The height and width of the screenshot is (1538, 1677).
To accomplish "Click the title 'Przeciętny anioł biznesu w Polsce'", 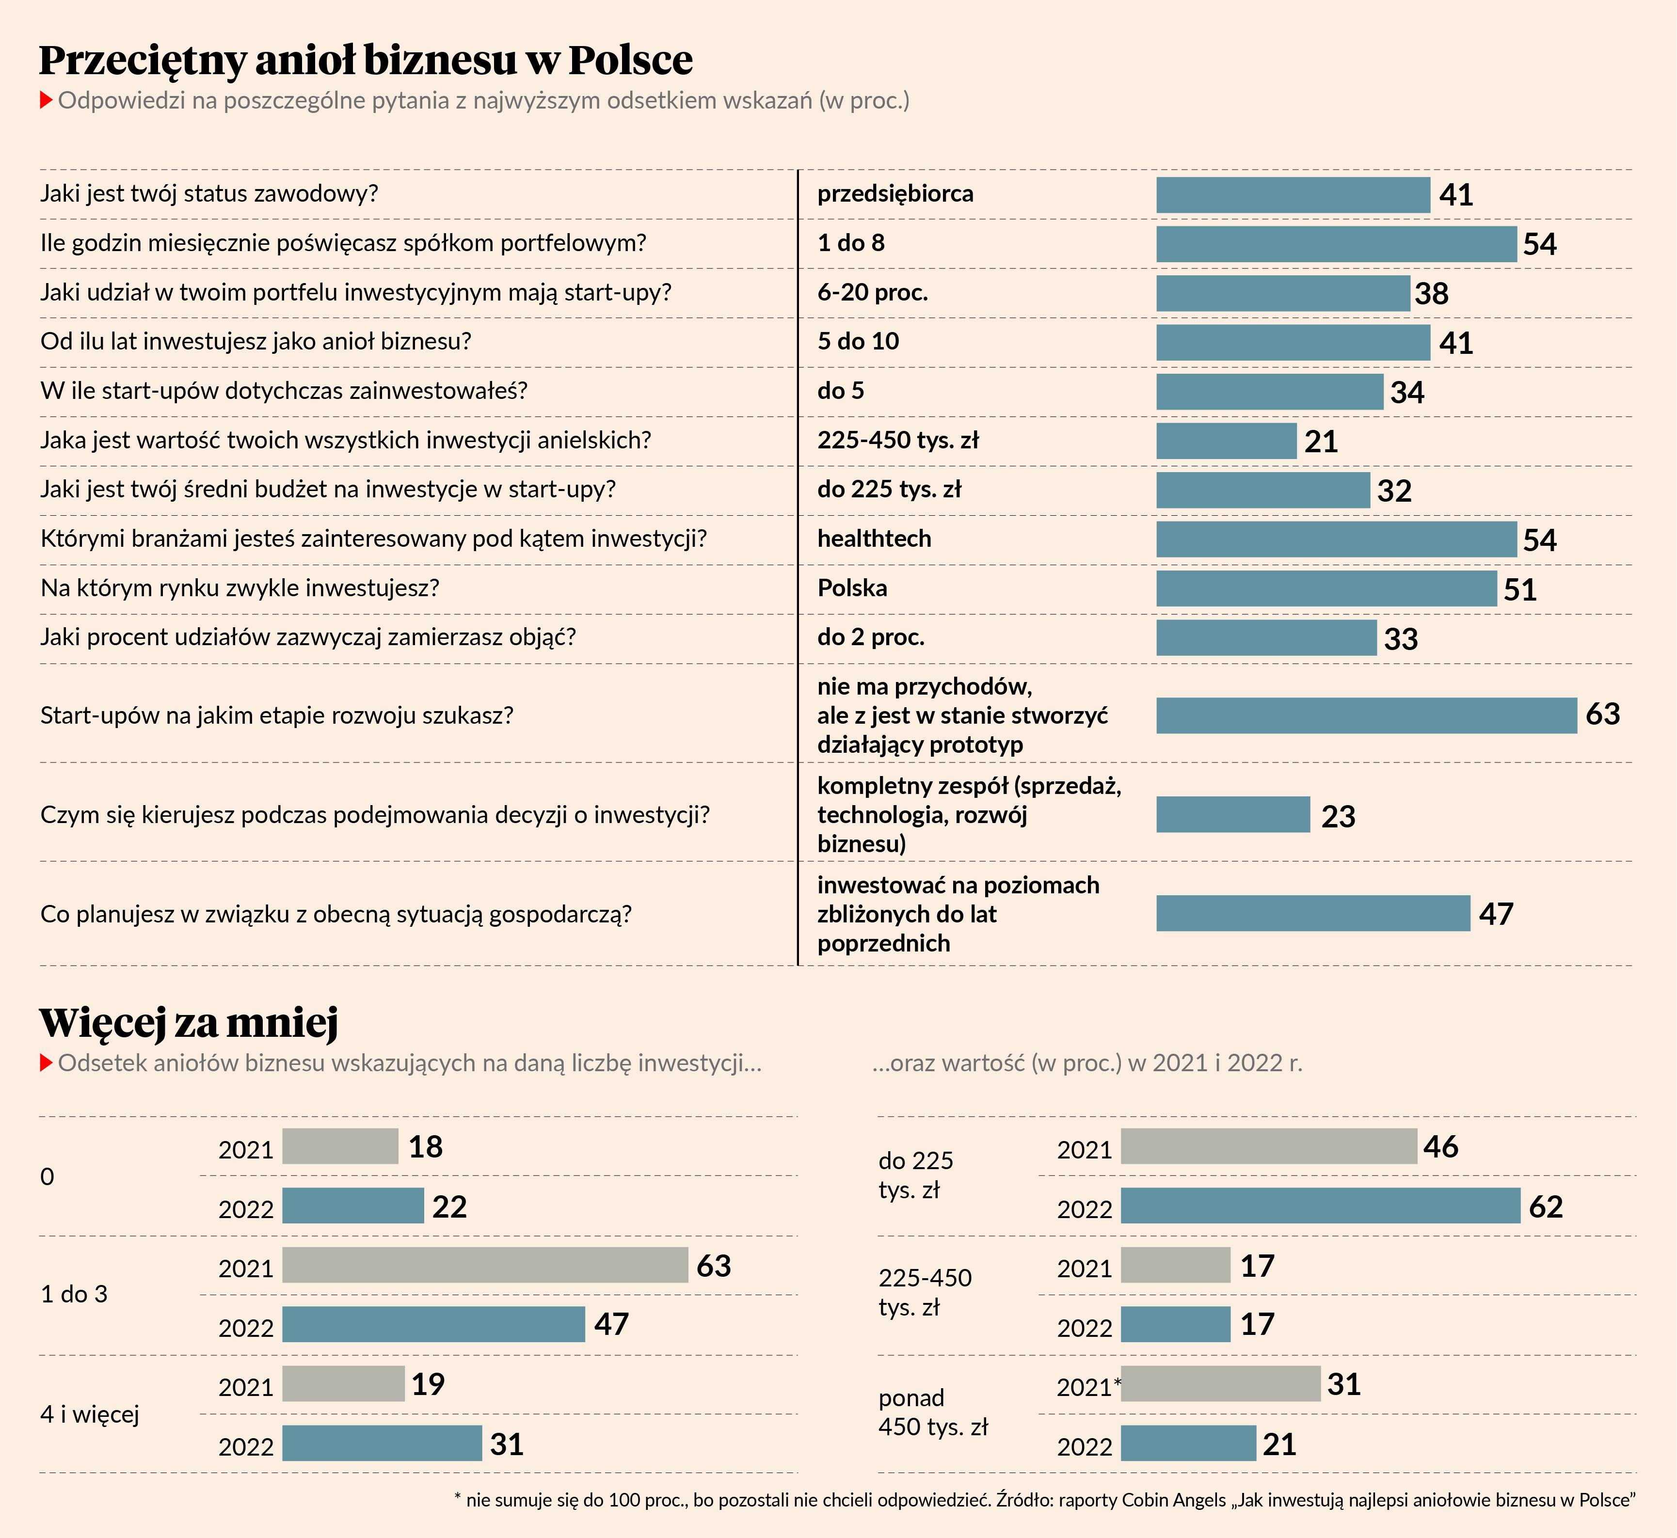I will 366,60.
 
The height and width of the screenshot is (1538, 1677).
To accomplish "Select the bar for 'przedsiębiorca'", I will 1293,195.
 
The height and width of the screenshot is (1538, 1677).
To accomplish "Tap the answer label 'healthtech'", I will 874,539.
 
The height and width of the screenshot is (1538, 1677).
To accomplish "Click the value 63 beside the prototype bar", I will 1602,714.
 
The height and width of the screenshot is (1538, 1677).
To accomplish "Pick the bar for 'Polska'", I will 1326,588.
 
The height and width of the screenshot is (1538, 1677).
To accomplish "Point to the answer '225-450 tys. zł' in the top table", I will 897,440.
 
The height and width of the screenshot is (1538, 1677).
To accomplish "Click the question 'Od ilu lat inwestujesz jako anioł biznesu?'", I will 256,341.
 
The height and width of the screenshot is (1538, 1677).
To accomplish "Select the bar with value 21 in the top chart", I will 1226,441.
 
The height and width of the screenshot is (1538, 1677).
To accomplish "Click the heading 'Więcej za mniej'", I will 189,1022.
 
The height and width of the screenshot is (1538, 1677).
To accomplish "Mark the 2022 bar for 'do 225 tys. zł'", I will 1320,1206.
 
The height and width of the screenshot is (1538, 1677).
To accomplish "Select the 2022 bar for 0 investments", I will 353,1206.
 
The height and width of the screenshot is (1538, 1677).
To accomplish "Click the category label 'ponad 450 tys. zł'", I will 932,1412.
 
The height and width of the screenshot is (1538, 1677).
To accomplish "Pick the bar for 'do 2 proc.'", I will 1266,637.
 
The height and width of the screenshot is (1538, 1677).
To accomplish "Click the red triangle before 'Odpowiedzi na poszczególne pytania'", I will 47,101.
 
